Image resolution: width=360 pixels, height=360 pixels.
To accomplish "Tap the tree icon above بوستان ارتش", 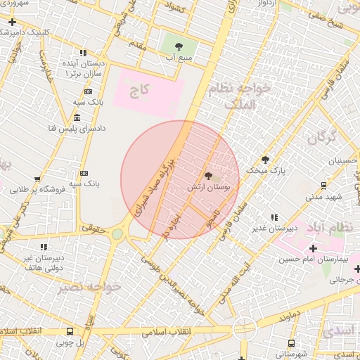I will click(208, 174).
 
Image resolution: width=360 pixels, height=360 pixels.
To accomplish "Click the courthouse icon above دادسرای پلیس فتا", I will click(76, 117).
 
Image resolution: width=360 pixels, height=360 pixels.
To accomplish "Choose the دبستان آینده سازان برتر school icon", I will click(84, 53).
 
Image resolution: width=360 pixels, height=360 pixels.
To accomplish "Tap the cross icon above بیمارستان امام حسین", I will click(314, 249).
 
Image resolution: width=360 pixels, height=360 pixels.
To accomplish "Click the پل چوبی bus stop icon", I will click(70, 331).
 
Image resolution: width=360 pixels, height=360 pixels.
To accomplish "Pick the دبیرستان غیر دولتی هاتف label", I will click(44, 262).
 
